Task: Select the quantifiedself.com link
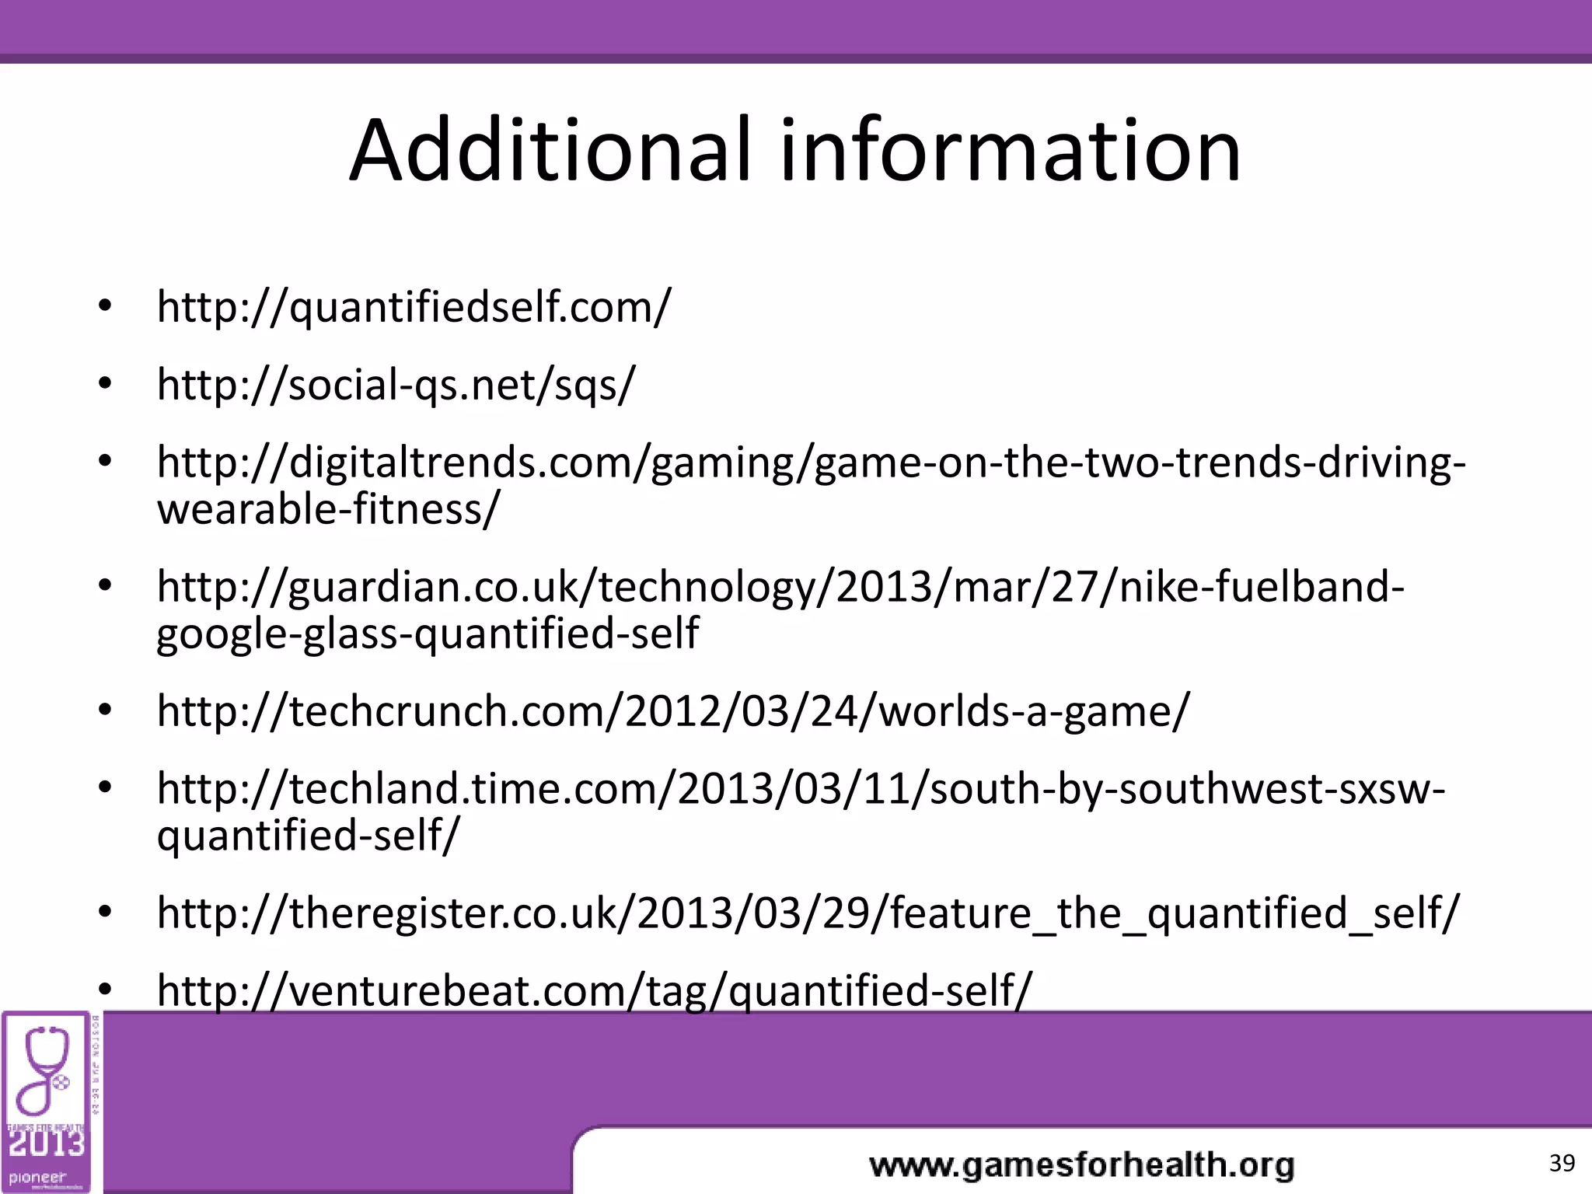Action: tap(414, 307)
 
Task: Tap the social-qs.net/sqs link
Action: tap(396, 385)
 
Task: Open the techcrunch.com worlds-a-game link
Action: tap(672, 711)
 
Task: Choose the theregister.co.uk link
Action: tap(808, 913)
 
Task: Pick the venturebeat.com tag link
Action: tap(594, 990)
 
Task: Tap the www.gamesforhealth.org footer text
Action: tap(1081, 1165)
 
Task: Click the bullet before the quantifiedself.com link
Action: tap(106, 306)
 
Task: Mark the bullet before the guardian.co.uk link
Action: tap(106, 586)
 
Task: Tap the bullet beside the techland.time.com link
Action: tap(106, 788)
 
